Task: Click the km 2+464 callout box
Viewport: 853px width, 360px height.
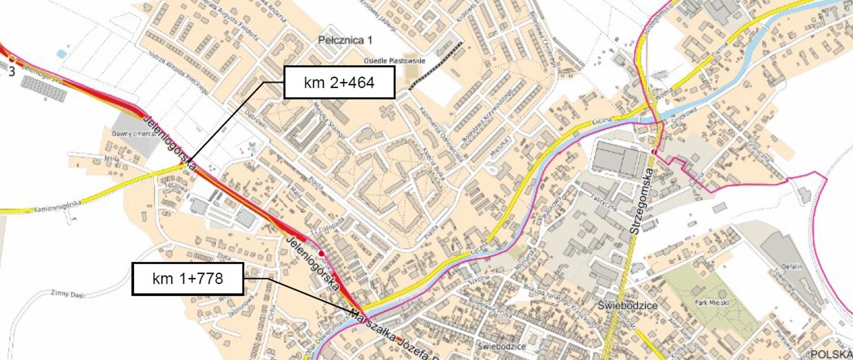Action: coord(339,82)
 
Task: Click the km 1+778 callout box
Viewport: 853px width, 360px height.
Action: coord(187,279)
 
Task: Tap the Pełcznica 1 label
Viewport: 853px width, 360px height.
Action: coord(345,40)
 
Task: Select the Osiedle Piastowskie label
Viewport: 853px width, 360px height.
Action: coord(394,61)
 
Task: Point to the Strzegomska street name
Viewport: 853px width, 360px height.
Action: coord(641,201)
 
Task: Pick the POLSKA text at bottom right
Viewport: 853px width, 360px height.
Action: coord(831,354)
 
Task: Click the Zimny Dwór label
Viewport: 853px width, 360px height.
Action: coord(67,294)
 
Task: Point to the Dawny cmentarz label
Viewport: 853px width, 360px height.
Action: coord(133,134)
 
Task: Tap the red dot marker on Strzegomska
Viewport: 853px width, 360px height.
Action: coord(654,152)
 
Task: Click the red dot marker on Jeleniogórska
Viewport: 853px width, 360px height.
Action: coord(322,253)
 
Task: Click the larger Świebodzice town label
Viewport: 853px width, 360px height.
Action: coord(627,306)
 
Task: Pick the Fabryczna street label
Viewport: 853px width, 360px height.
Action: coord(604,202)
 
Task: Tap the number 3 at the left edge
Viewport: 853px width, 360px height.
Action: coord(12,72)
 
